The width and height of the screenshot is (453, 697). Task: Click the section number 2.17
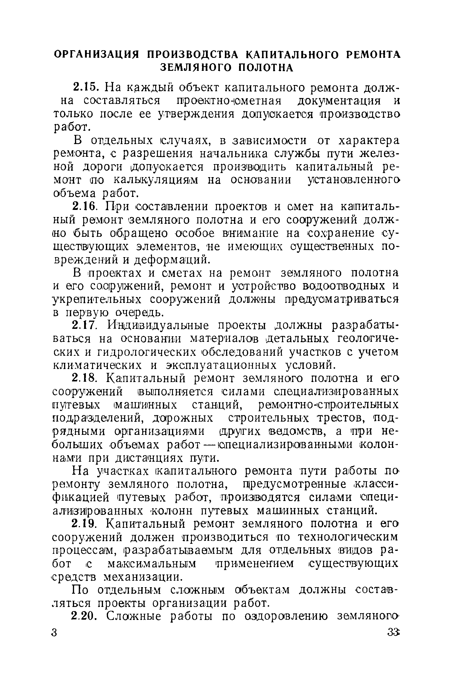pyautogui.click(x=84, y=326)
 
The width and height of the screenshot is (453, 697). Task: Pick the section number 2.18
pyautogui.click(x=85, y=378)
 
